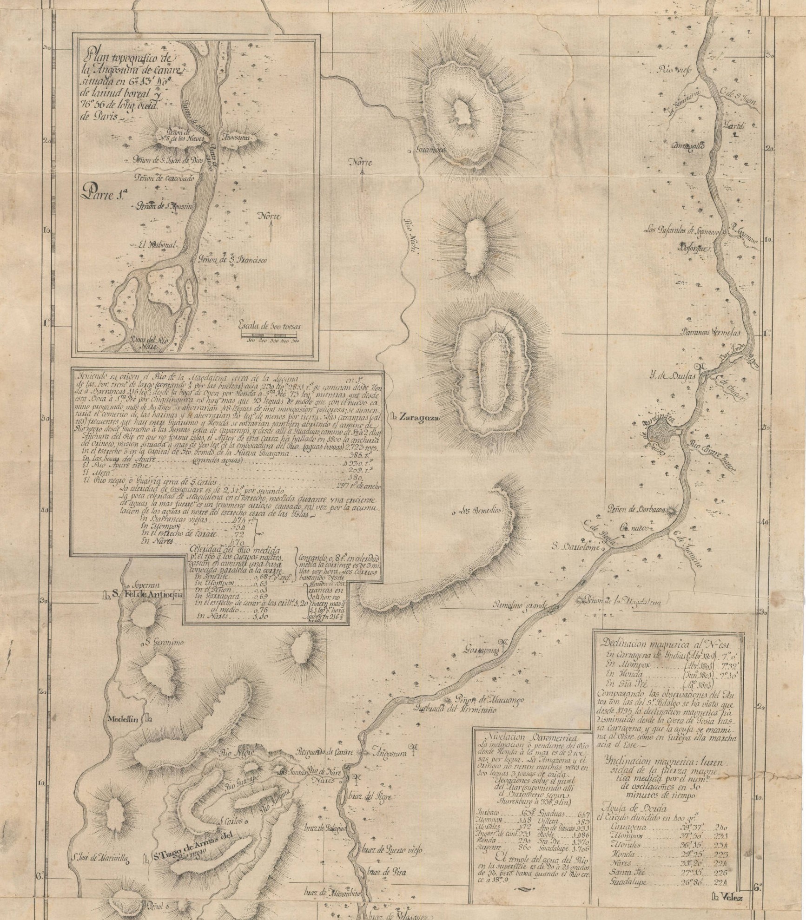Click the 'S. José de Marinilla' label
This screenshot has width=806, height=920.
(100, 858)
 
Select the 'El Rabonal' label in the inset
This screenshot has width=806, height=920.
(153, 245)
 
